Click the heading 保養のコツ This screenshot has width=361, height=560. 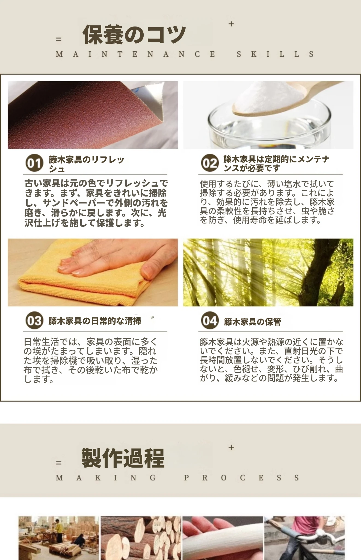(134, 35)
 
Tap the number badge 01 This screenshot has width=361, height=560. (34, 163)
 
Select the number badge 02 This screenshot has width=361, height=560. (210, 163)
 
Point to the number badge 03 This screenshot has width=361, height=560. (34, 320)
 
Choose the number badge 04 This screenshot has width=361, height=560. (210, 320)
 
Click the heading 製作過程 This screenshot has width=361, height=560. (123, 458)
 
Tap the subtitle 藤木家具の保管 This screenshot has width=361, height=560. (252, 322)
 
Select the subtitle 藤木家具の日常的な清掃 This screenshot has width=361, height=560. (95, 321)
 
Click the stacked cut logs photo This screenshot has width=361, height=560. (141, 538)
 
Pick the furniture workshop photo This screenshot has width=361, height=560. (59, 538)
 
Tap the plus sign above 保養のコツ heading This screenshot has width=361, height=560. (231, 24)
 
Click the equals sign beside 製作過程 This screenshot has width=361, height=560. (58, 463)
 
